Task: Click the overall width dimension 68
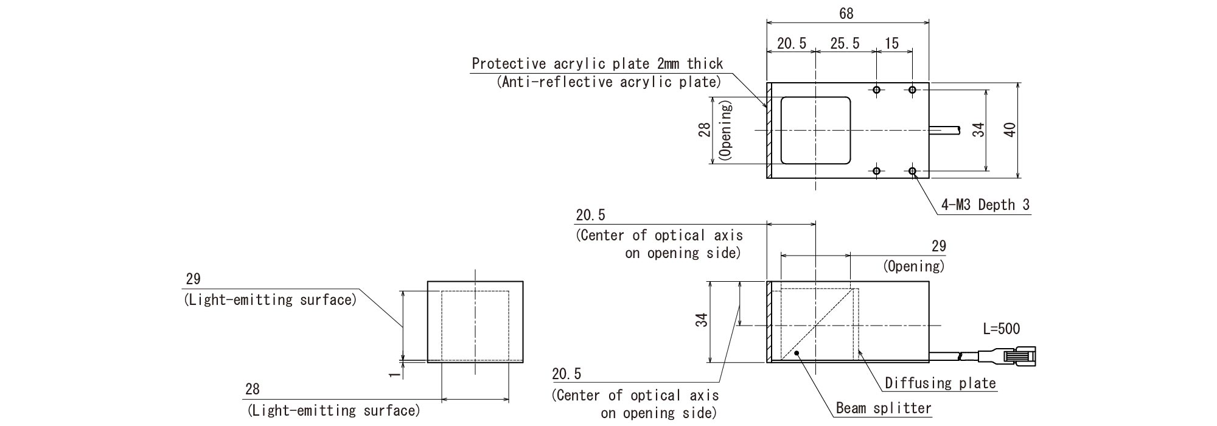(x=846, y=13)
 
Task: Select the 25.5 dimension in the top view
(x=845, y=43)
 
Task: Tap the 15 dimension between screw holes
(x=891, y=43)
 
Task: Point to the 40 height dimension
(x=1010, y=130)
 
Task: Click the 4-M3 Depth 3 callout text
(x=985, y=205)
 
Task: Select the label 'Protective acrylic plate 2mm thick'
(x=597, y=64)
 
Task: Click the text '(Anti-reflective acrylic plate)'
(x=608, y=82)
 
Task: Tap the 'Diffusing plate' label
(x=940, y=383)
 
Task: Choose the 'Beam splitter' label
(x=884, y=408)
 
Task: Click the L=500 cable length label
(x=1002, y=329)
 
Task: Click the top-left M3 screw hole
(x=876, y=90)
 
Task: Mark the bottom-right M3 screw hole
(x=912, y=171)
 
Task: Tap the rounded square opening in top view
(x=815, y=130)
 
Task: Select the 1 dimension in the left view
(x=396, y=371)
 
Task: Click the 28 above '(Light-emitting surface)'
(x=253, y=389)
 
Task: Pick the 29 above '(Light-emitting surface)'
(x=193, y=279)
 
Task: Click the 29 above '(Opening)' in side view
(x=939, y=246)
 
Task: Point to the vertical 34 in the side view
(x=702, y=320)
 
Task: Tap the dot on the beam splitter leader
(x=796, y=354)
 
